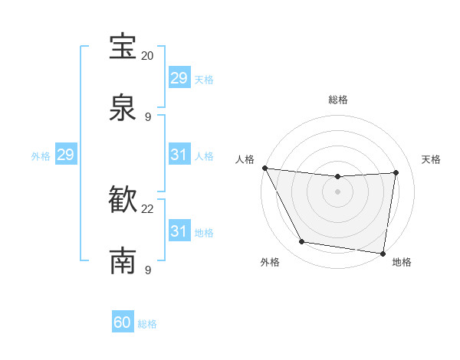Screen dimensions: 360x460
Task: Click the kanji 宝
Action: click(x=123, y=46)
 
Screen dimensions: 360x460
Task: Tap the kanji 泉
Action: click(x=123, y=107)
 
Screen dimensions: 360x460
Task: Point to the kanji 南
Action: click(x=123, y=260)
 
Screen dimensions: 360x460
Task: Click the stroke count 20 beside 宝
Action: click(x=148, y=56)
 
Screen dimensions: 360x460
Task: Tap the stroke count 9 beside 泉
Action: click(x=148, y=117)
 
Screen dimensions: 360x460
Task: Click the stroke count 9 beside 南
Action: click(x=148, y=270)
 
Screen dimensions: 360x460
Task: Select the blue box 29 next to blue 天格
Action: click(x=179, y=77)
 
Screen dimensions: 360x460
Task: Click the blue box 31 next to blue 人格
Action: click(x=179, y=155)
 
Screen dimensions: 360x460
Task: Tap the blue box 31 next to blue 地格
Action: click(x=179, y=231)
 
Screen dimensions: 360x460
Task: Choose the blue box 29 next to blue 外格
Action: click(x=65, y=155)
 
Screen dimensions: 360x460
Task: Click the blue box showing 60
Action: click(x=123, y=322)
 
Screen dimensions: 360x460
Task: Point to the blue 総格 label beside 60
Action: click(x=147, y=324)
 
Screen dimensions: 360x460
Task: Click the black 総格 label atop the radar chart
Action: click(x=337, y=100)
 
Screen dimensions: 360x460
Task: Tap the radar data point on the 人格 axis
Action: click(x=265, y=168)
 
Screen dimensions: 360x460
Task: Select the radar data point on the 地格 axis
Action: click(x=383, y=253)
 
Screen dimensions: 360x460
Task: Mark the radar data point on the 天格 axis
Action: click(x=396, y=172)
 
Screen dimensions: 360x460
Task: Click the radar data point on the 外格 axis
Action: click(x=301, y=242)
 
